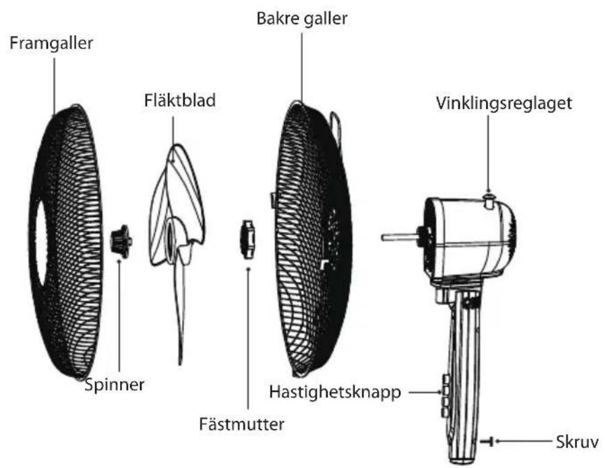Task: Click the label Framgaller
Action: [x=51, y=43]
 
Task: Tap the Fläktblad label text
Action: [x=180, y=100]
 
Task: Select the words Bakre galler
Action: [x=302, y=19]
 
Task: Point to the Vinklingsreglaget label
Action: [x=504, y=104]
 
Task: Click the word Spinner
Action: [x=115, y=385]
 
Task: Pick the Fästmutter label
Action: [x=241, y=424]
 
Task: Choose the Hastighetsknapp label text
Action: [x=335, y=393]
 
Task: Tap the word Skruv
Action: [x=578, y=442]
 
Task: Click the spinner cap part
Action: [x=121, y=241]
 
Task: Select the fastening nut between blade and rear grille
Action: [x=247, y=240]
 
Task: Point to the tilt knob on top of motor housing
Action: [x=489, y=201]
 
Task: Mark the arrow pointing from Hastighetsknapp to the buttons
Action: [x=425, y=393]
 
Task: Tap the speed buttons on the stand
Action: [x=445, y=396]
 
